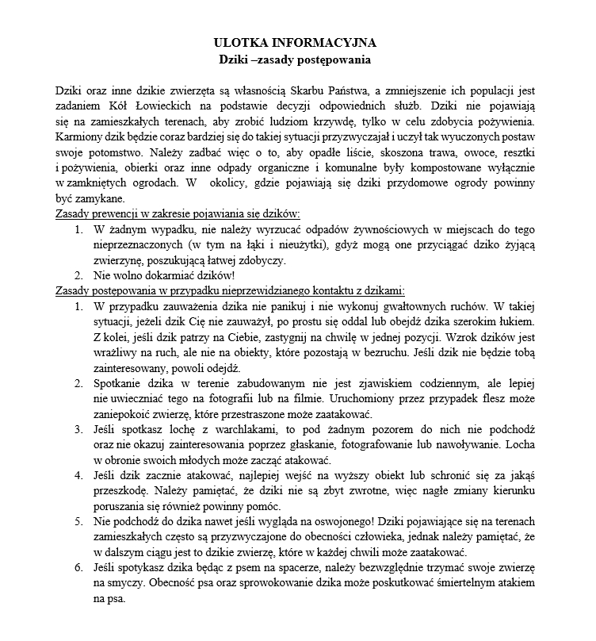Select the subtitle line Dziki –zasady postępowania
296,59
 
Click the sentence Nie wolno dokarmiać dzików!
164,275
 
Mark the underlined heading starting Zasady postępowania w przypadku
231,290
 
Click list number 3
78,430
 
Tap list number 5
78,523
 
